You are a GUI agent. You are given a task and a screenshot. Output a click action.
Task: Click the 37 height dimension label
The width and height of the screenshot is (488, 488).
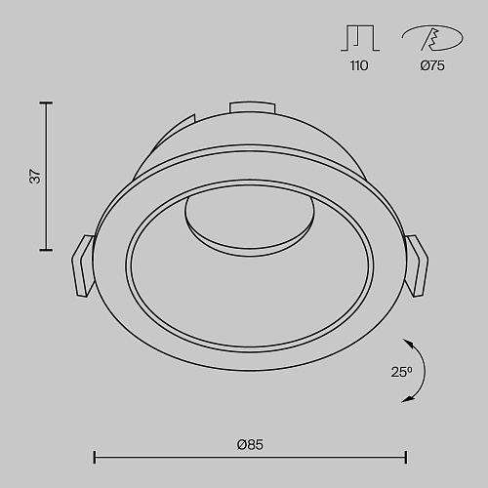35,177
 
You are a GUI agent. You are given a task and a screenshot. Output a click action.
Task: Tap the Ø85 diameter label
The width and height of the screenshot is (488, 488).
250,444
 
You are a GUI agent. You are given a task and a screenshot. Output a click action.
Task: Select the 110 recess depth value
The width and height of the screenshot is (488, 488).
359,65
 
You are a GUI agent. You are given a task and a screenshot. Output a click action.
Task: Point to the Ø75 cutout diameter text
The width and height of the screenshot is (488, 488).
432,65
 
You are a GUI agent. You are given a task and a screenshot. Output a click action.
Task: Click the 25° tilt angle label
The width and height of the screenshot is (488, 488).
402,372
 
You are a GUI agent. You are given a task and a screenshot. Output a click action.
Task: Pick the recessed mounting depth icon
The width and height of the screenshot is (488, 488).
360,38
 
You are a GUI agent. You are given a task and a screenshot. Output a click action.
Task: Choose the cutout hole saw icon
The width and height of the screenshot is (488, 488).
432,38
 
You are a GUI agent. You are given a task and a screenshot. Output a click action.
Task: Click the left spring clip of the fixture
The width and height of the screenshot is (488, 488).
84,266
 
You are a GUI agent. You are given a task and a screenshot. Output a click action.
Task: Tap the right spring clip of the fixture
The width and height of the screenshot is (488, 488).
417,265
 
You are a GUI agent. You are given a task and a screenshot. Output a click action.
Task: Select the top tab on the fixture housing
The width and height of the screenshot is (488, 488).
253,107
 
